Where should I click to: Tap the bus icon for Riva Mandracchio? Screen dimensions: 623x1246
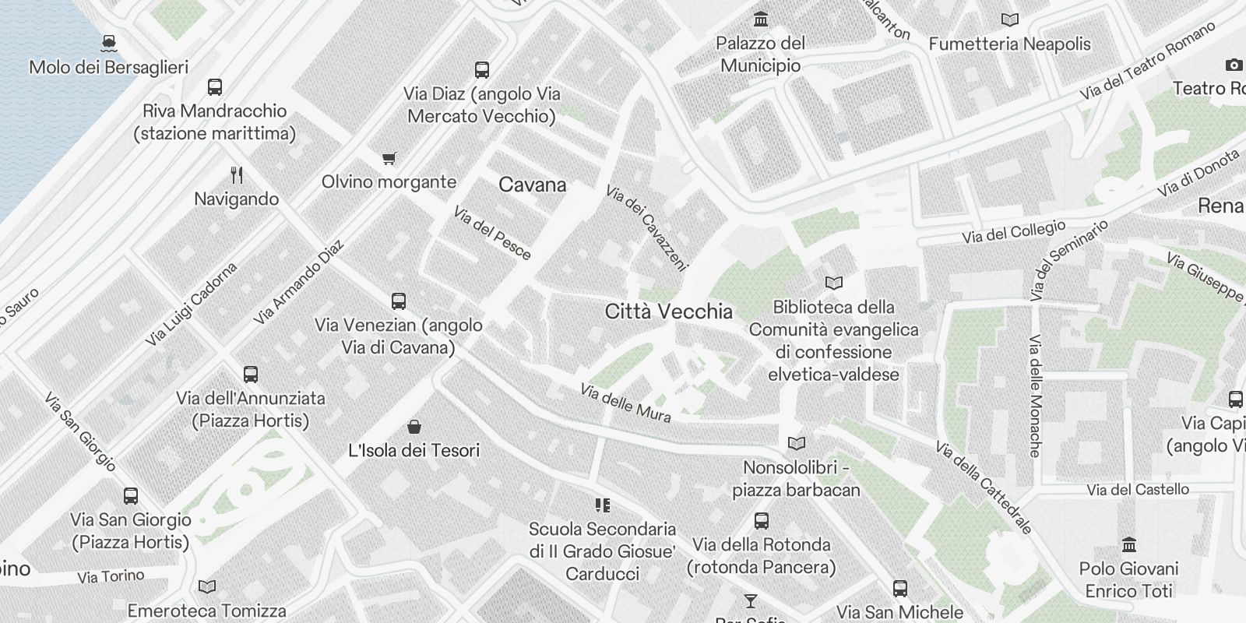pos(215,86)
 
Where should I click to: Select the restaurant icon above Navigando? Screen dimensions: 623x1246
pos(237,174)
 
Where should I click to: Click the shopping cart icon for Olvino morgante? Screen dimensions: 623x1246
pos(389,158)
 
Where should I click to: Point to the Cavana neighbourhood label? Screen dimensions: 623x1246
pos(532,185)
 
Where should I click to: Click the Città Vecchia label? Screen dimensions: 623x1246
pos(668,311)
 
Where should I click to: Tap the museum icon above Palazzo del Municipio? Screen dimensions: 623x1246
pos(760,19)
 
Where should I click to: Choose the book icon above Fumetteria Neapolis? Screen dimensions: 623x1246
pos(1009,20)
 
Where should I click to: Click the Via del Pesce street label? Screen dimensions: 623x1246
pos(491,232)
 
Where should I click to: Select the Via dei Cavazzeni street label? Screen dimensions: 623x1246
pos(647,227)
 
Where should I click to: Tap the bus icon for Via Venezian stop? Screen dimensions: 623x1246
pos(398,301)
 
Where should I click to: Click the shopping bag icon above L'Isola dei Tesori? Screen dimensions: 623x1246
pos(414,426)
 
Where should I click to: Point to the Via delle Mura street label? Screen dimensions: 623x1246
pos(625,403)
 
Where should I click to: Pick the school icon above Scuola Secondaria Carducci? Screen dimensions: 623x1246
pos(602,505)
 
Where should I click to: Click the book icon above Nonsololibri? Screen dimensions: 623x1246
pos(796,444)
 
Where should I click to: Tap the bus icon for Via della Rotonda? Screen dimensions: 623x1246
pos(761,520)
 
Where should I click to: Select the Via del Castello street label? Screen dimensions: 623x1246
pos(1138,490)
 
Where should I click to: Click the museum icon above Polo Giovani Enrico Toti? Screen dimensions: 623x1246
pos(1128,544)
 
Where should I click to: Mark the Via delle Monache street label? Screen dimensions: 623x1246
pos(1035,396)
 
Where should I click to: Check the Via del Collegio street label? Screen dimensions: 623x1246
pos(1013,232)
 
